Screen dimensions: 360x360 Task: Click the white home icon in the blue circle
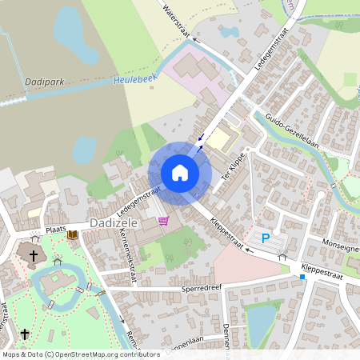tap(180, 173)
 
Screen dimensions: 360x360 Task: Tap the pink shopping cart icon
tap(163, 221)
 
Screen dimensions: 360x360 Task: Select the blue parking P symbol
tap(266, 238)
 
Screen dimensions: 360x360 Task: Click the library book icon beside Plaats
tap(73, 234)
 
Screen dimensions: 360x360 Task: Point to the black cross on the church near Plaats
tap(33, 256)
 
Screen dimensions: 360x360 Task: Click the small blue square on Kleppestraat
tap(302, 277)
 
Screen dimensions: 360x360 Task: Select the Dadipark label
tap(44, 80)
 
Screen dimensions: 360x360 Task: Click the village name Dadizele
tap(117, 222)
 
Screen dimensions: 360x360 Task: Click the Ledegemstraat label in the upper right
tap(270, 50)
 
